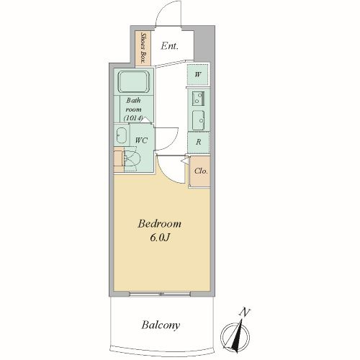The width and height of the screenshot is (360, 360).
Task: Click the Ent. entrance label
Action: tap(169, 45)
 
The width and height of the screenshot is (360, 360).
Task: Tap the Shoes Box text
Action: tap(143, 48)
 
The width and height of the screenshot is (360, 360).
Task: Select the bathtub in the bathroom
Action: tap(133, 81)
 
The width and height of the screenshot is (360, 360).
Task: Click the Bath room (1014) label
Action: tap(133, 109)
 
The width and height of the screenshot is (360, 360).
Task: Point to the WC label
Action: tap(141, 140)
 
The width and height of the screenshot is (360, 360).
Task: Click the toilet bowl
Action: tap(131, 159)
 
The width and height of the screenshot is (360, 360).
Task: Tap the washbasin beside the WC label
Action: tap(122, 135)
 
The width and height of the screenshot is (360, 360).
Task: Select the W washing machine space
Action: tap(197, 75)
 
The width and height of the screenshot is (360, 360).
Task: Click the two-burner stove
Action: tap(198, 99)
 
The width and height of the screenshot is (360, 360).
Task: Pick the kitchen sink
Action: tap(198, 120)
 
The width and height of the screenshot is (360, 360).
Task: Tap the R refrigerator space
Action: tap(199, 143)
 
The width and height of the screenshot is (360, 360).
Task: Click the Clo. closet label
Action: tap(201, 171)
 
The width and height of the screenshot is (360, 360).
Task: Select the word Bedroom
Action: tap(159, 224)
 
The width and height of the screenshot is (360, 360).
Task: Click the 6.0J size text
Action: tap(160, 238)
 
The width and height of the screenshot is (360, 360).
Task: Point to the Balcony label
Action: tap(161, 325)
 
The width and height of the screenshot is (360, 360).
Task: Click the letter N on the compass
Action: tap(245, 312)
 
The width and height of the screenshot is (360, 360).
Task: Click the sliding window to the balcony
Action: tap(160, 294)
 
